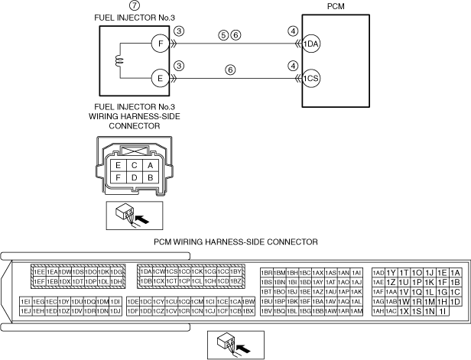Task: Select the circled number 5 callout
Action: click(223, 34)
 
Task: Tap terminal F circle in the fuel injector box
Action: click(158, 44)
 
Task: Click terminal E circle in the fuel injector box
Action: click(158, 77)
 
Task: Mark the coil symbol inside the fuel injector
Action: click(119, 60)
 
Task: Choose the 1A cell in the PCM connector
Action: click(455, 272)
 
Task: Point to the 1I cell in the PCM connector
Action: click(442, 311)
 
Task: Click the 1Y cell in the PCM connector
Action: click(391, 272)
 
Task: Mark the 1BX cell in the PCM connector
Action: click(248, 311)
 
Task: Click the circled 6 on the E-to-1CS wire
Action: click(229, 69)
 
